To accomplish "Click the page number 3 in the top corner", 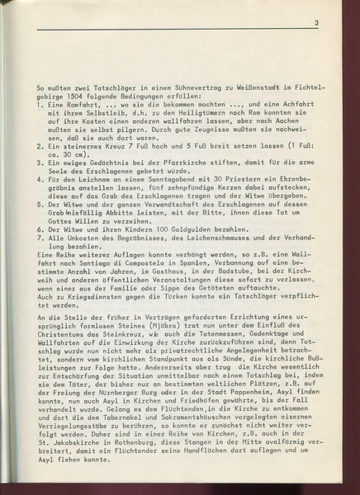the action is pyautogui.click(x=315, y=24).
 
